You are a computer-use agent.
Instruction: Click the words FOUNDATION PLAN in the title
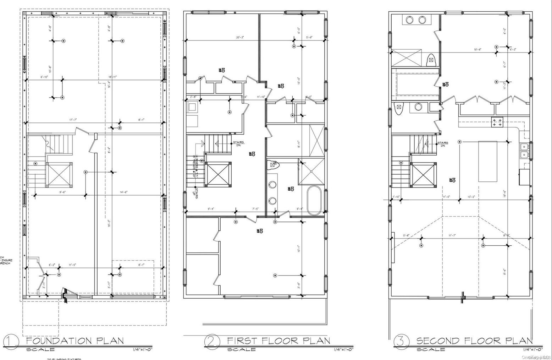75,341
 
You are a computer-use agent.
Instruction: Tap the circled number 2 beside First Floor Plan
210,341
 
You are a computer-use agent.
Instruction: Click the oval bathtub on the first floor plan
314,201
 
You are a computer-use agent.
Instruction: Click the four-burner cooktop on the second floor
497,122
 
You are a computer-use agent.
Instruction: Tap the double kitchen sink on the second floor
524,151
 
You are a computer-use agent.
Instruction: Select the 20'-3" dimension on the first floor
240,37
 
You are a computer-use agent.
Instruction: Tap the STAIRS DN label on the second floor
443,144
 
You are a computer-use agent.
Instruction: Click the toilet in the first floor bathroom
273,164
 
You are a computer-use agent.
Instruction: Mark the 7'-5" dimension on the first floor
255,209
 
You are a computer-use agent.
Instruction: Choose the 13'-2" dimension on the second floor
471,196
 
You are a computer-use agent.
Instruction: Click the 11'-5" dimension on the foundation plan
72,264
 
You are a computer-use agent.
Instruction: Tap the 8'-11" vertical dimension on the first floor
299,144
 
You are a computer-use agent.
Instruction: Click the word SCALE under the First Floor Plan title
241,349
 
